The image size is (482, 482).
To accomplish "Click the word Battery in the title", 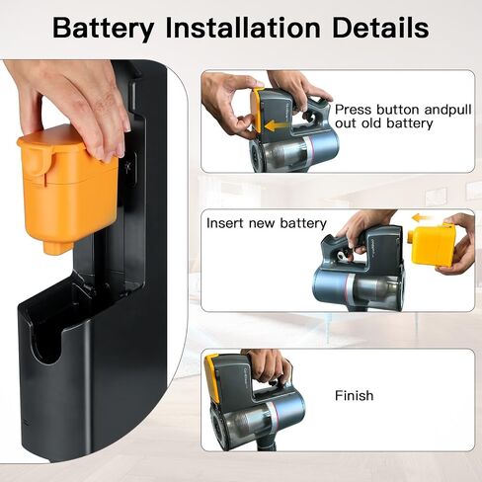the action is (x=103, y=28).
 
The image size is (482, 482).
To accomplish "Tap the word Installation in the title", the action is (x=243, y=27).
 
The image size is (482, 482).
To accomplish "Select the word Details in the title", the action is (x=380, y=27).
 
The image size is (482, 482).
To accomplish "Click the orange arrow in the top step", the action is (x=276, y=125).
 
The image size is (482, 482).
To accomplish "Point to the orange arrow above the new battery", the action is (x=423, y=217).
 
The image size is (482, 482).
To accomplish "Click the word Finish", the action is (x=355, y=395).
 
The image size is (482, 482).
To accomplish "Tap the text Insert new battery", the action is (x=267, y=223).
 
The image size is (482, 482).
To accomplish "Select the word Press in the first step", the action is (x=353, y=110).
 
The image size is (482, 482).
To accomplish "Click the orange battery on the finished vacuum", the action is (x=211, y=378).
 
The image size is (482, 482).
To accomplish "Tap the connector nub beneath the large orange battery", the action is (x=57, y=246).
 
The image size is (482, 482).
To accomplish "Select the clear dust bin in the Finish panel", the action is (x=244, y=425).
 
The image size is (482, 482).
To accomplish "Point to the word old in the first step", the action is (x=372, y=123).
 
